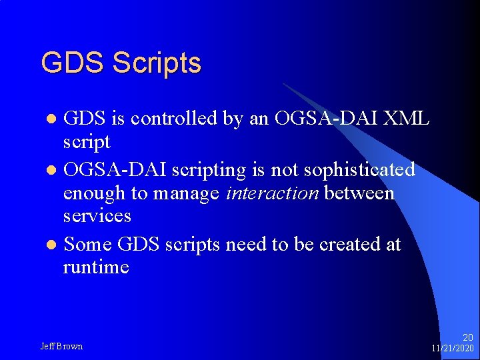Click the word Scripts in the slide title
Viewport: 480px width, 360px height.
click(157, 63)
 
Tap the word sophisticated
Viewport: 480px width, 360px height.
click(359, 170)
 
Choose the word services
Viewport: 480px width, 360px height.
click(97, 216)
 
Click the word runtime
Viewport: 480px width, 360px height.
click(96, 267)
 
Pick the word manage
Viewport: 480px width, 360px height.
click(187, 193)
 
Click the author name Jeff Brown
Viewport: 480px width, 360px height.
click(61, 346)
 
